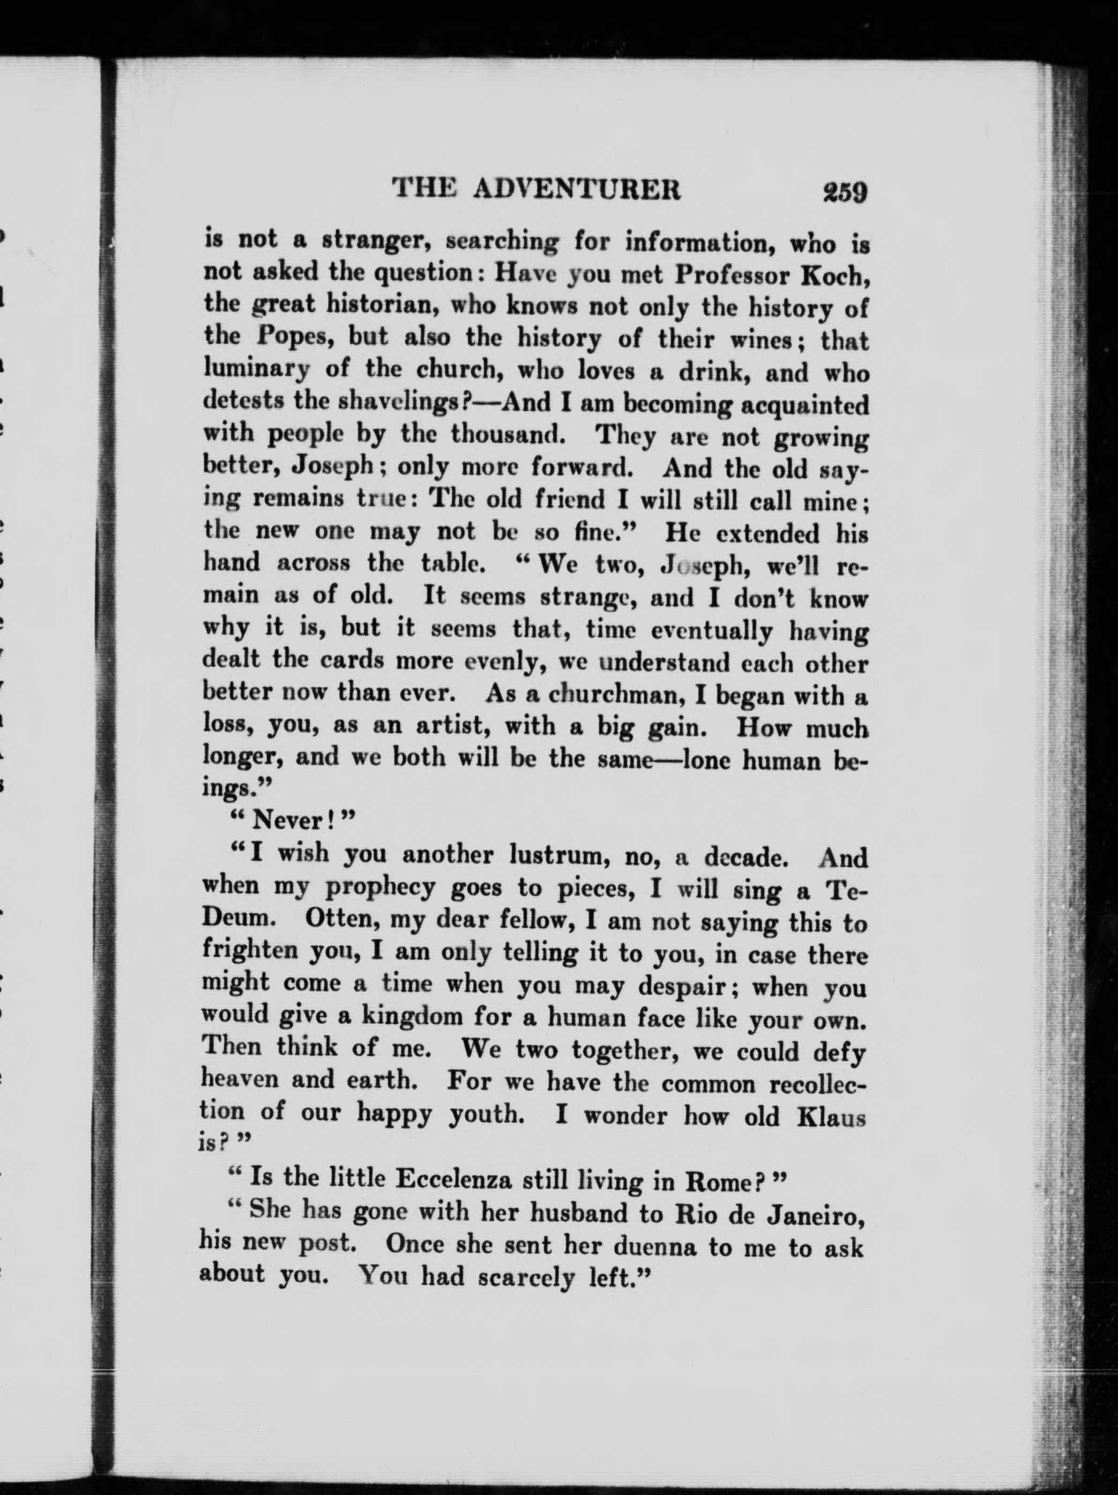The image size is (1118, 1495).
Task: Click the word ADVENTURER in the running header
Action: [x=577, y=189]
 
